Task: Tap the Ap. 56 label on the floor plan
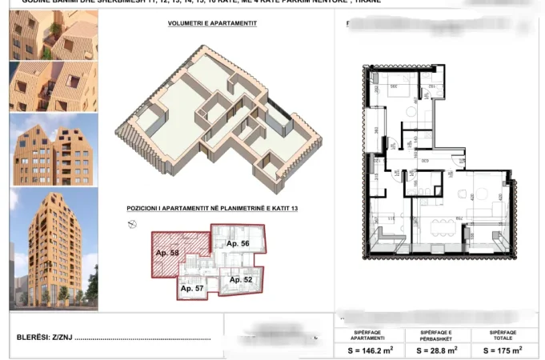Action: (238, 243)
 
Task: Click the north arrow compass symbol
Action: (132, 224)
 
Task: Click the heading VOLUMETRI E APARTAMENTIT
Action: (212, 23)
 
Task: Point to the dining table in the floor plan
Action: (439, 227)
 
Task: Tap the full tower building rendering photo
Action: (53, 249)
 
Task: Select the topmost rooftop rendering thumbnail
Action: (53, 36)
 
